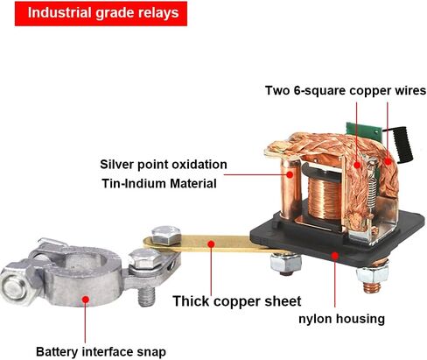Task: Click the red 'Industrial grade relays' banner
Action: [x=101, y=13]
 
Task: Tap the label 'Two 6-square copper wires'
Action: [x=346, y=90]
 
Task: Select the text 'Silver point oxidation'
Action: [x=164, y=165]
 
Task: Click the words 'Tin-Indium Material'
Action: [x=159, y=184]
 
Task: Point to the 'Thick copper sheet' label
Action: [x=237, y=301]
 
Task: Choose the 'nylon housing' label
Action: [x=341, y=319]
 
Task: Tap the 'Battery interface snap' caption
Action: [x=101, y=351]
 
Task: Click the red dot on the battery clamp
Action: [x=86, y=300]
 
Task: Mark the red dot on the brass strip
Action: [x=211, y=244]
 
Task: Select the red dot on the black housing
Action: [x=335, y=256]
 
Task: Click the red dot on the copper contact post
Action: [x=290, y=175]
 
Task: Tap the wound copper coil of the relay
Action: [x=325, y=199]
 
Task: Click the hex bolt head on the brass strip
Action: [x=166, y=236]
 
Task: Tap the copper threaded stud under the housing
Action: [x=372, y=286]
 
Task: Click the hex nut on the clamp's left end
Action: [x=16, y=287]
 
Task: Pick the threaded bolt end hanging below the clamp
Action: [x=146, y=296]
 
